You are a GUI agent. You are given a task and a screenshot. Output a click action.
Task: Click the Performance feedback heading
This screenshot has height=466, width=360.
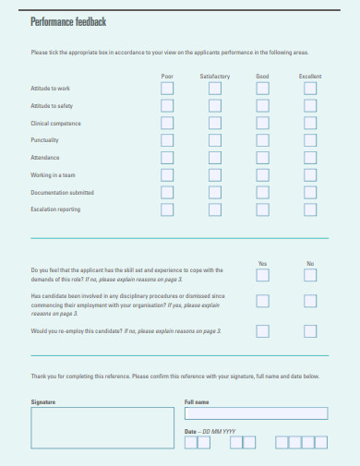click(x=68, y=20)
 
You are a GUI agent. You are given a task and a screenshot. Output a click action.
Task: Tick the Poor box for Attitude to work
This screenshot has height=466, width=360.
click(x=167, y=88)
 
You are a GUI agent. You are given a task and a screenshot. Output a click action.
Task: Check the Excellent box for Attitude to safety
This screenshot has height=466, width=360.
click(x=310, y=105)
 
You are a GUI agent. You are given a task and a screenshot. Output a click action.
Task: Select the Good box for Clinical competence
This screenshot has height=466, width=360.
click(x=262, y=123)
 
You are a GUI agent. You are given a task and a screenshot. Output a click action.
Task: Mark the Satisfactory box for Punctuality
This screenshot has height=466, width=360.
click(x=215, y=139)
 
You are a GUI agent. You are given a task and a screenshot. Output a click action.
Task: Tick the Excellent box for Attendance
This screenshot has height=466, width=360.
click(x=310, y=157)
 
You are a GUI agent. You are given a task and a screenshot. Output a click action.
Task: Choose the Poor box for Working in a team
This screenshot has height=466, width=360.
click(x=167, y=174)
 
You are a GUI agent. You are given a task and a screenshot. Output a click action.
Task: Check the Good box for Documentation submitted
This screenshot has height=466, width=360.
click(x=262, y=192)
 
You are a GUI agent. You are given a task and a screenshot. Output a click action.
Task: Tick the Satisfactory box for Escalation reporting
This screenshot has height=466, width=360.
click(x=215, y=209)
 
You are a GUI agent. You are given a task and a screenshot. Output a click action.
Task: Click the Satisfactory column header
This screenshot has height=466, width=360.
click(x=215, y=75)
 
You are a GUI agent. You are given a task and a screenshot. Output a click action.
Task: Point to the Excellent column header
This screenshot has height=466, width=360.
click(x=310, y=75)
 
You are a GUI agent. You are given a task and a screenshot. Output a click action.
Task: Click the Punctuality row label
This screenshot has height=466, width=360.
click(x=45, y=140)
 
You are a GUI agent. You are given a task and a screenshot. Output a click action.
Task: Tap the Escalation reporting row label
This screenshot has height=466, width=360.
click(x=56, y=209)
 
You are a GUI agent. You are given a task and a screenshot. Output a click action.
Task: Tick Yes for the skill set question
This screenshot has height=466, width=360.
click(x=262, y=276)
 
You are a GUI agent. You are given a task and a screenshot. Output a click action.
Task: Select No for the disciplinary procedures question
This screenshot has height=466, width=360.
click(x=310, y=301)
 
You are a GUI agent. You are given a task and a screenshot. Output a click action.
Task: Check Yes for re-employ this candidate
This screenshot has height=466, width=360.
click(x=262, y=329)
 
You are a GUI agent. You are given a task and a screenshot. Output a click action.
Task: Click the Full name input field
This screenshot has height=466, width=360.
click(x=256, y=413)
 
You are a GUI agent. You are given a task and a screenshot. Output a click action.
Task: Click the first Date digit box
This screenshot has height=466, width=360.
click(x=190, y=443)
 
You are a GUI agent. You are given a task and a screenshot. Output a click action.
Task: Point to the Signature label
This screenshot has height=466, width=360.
click(x=43, y=402)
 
